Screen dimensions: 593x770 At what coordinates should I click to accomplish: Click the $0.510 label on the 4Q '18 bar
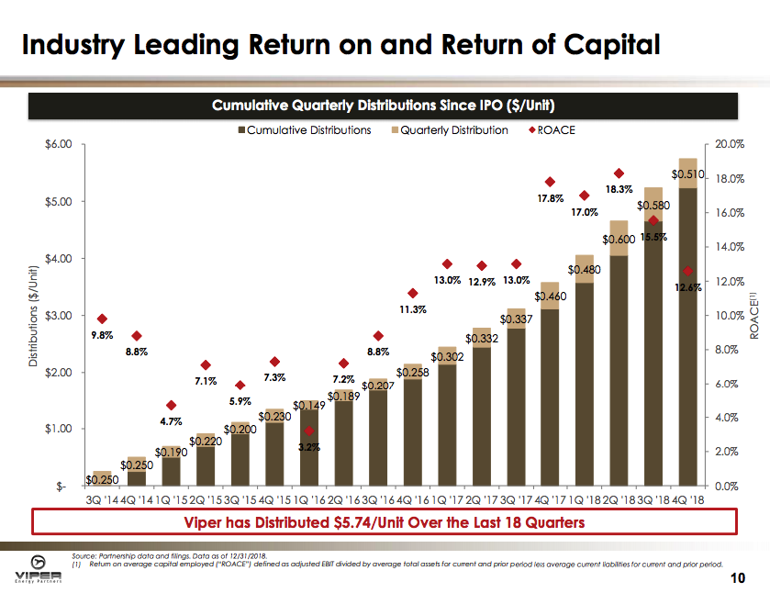[687, 173]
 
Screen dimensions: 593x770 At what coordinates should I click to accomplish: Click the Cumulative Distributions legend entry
[305, 129]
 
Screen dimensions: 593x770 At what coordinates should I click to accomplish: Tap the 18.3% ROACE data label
[619, 190]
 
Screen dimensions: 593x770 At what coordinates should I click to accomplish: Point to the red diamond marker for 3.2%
[309, 431]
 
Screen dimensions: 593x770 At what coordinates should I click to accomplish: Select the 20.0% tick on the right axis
[729, 145]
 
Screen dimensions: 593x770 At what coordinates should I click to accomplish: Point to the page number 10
[736, 578]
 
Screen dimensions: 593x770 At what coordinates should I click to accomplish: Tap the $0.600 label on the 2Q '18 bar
[619, 240]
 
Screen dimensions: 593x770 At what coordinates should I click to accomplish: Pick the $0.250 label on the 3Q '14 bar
[102, 479]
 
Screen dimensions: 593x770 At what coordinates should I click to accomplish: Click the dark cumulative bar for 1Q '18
[585, 386]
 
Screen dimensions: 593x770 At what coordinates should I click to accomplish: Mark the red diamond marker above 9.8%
[102, 319]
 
